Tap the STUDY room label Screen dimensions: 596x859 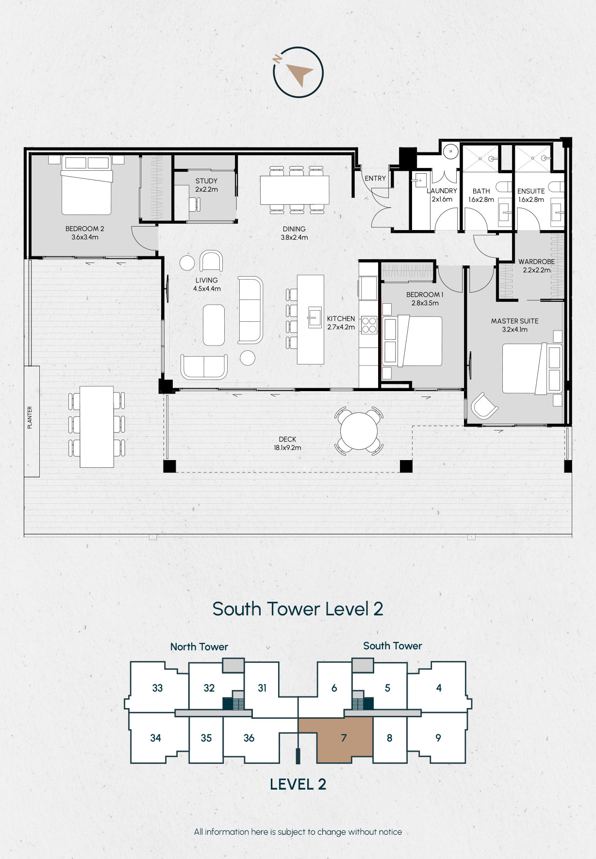coord(206,181)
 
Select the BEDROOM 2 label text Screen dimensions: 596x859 coord(85,229)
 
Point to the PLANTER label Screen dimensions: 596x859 coord(30,417)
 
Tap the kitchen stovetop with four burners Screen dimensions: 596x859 coord(369,325)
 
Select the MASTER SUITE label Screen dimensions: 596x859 coord(514,321)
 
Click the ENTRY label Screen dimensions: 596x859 coord(375,179)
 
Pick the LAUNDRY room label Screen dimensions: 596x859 coord(442,191)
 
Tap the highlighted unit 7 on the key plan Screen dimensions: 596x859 coord(344,738)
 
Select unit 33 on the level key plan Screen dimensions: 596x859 coord(157,688)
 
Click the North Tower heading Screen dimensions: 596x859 coord(199,646)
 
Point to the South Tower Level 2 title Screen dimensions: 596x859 coord(298,609)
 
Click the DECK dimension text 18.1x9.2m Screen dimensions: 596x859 coord(287,448)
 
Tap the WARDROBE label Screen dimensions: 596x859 coord(536,262)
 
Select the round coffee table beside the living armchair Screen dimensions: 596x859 coord(187,263)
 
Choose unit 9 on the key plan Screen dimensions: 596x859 coord(438,738)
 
